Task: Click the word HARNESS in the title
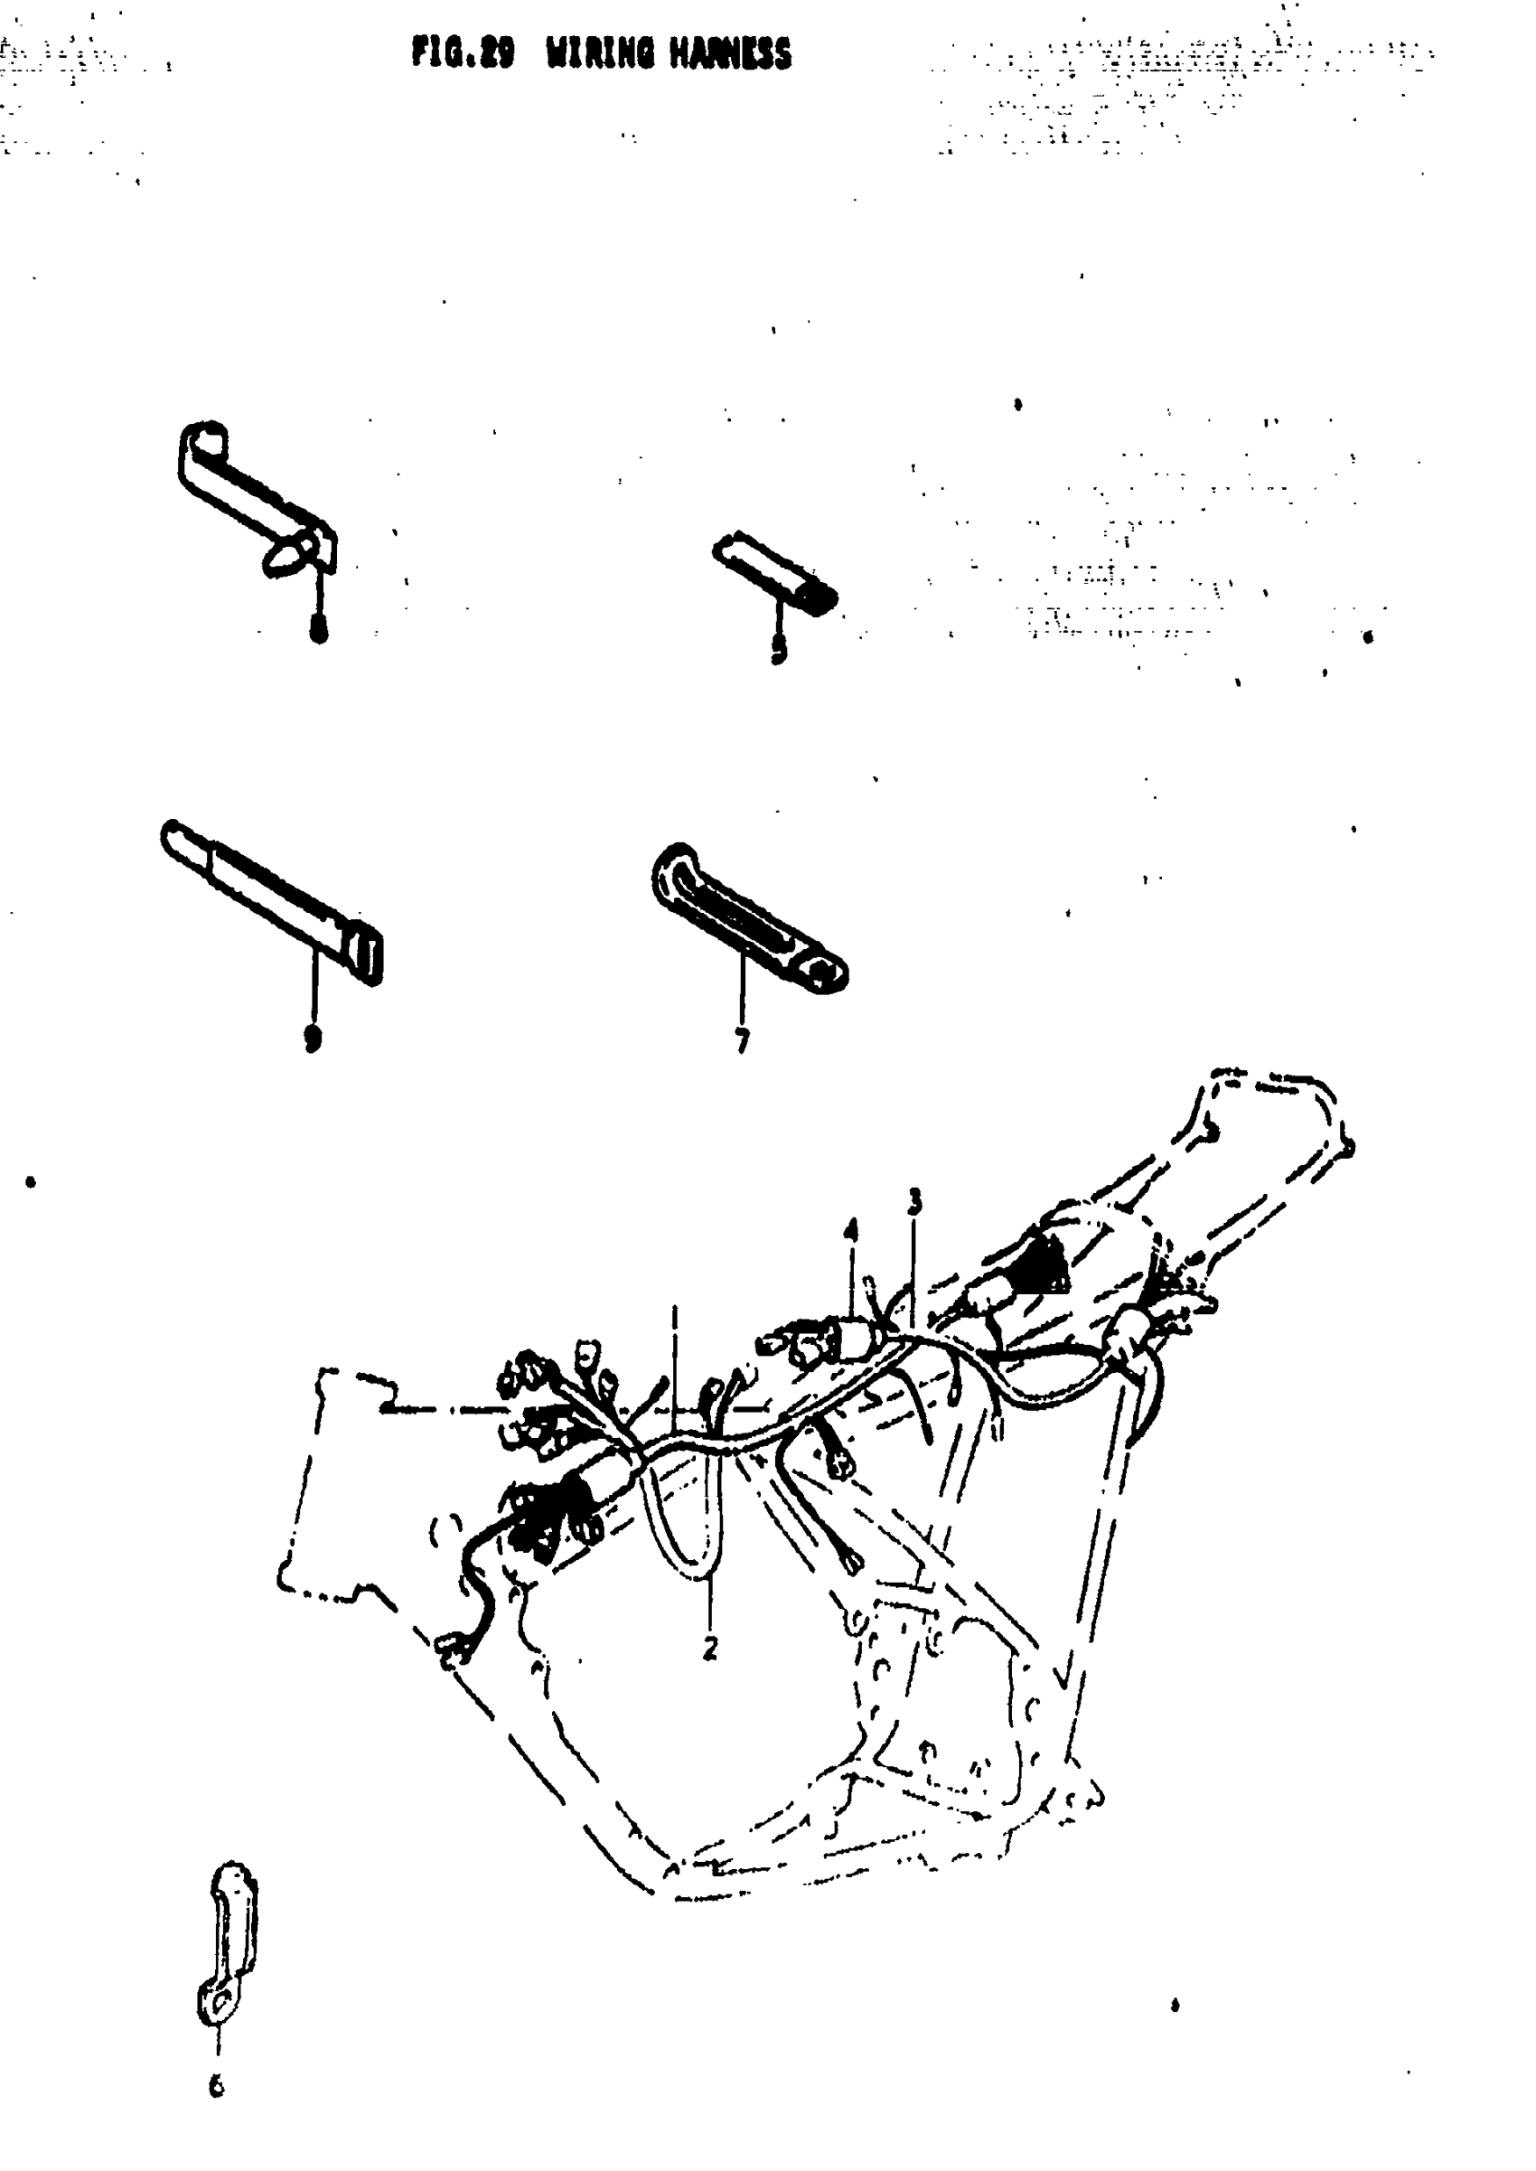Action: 730,54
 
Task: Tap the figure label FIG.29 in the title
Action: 463,54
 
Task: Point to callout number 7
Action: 743,1041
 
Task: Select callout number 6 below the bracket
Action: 217,2085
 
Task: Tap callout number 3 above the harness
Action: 913,1202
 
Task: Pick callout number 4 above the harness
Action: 851,1231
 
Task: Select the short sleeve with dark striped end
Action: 774,573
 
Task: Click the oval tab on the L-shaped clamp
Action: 286,555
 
